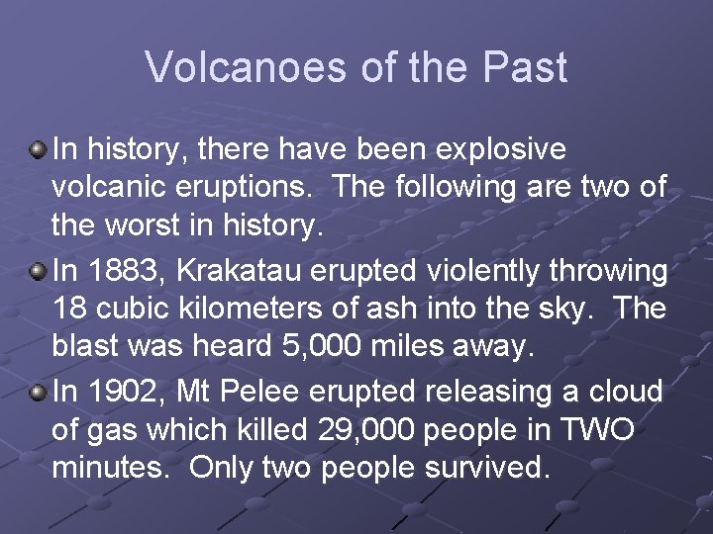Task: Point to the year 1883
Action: tap(116, 271)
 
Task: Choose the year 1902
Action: tap(116, 392)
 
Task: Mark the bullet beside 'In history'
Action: tap(39, 150)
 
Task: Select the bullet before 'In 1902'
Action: tap(39, 393)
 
